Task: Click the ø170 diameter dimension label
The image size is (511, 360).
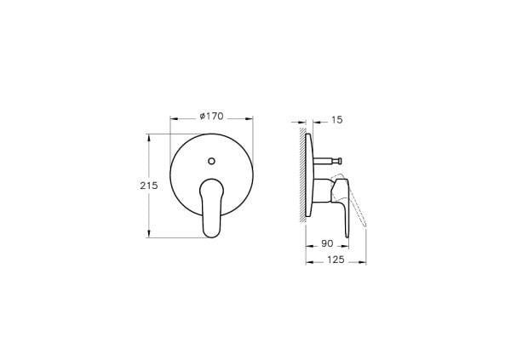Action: tap(211, 117)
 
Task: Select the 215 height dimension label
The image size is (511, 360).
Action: tap(149, 186)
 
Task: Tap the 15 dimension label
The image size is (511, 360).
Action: tap(337, 120)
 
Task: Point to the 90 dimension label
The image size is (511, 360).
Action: tap(327, 243)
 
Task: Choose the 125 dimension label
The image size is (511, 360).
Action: tap(336, 260)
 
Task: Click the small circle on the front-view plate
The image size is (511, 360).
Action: tap(211, 161)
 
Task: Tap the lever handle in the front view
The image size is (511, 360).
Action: tap(211, 208)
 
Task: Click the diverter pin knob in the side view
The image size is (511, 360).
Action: tap(339, 161)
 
